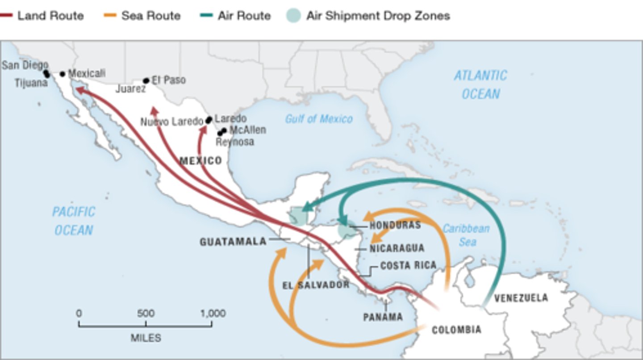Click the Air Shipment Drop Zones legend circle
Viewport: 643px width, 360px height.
pos(293,16)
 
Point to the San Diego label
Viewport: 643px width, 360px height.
pos(25,65)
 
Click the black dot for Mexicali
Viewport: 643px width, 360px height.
pos(63,74)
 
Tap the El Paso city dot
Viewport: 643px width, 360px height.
pos(146,81)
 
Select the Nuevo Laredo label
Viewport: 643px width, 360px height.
pos(172,121)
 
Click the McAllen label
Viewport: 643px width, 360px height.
pos(247,130)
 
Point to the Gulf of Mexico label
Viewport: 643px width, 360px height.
pos(319,119)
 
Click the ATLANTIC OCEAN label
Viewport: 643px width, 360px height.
pos(480,84)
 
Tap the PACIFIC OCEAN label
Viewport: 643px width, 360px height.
pos(74,221)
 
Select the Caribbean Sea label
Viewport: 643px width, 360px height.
pos(466,235)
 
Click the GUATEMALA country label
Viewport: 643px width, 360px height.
pos(233,242)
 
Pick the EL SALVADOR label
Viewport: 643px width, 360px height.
pos(316,285)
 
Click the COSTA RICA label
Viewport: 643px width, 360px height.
pos(408,265)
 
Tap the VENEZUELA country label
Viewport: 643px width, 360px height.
pos(521,298)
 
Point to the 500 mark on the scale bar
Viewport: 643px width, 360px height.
pos(146,314)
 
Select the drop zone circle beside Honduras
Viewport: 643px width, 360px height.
pos(347,230)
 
